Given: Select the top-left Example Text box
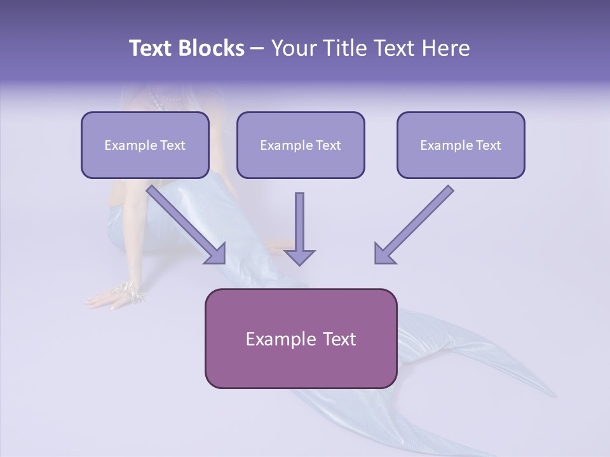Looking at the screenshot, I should (x=145, y=145).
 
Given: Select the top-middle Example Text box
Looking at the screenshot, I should (x=301, y=145).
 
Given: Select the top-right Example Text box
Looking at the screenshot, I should (x=461, y=145).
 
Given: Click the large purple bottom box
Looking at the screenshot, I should (x=301, y=338).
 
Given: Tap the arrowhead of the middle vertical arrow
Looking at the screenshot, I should (x=299, y=256).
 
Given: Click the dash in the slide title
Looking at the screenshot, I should (x=257, y=49).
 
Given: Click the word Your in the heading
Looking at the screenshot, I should (x=294, y=48).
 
